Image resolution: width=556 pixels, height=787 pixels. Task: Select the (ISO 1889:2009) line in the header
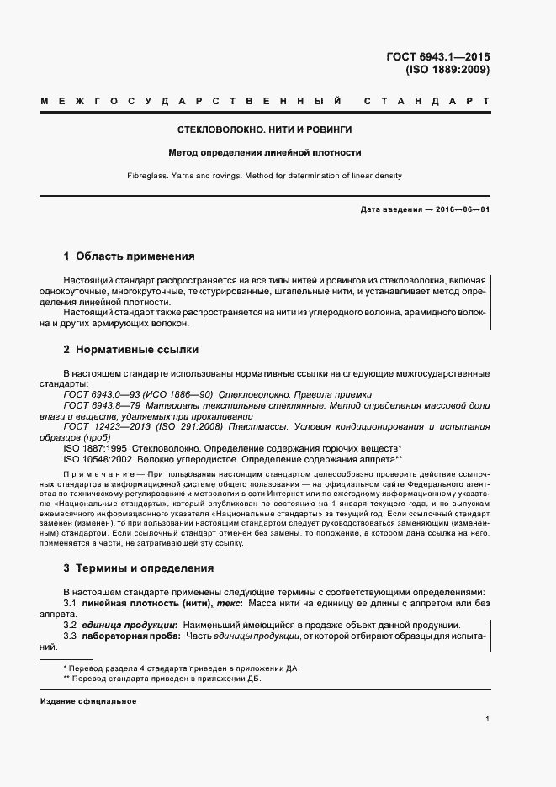tap(447, 71)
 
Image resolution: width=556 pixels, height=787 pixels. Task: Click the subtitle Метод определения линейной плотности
tap(265, 153)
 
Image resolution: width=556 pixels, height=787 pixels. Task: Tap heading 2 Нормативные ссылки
tap(131, 349)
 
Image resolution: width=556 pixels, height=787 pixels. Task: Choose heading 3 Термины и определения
tap(139, 568)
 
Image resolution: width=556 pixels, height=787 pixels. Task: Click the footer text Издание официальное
tap(87, 700)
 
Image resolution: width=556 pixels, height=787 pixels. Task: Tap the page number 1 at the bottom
tap(488, 719)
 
